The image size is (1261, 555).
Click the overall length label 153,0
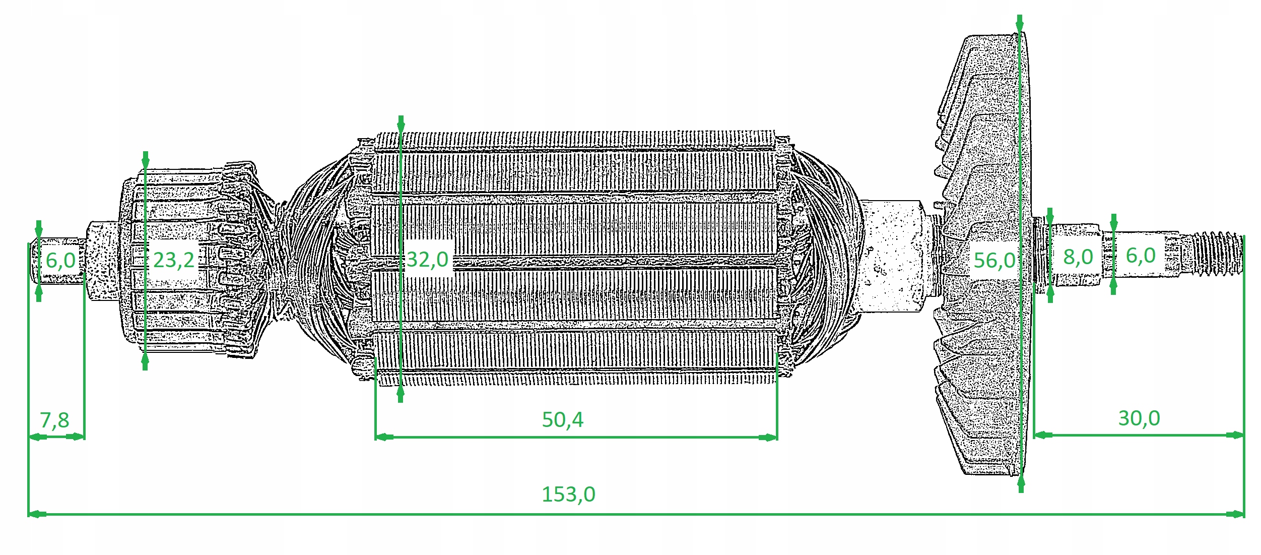(x=568, y=494)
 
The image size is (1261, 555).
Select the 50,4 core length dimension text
(x=562, y=419)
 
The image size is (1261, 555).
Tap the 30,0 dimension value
(x=1139, y=418)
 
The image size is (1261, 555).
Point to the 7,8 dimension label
(x=54, y=420)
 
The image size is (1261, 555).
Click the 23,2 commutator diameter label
(x=173, y=260)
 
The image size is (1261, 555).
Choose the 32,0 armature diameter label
(x=427, y=260)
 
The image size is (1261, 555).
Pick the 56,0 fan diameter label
(x=994, y=261)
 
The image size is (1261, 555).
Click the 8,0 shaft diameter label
(x=1078, y=257)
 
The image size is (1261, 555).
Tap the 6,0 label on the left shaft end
(x=60, y=261)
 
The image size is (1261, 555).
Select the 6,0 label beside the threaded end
(x=1141, y=256)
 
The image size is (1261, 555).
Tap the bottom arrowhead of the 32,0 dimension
(x=401, y=394)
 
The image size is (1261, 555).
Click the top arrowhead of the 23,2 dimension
(x=146, y=159)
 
